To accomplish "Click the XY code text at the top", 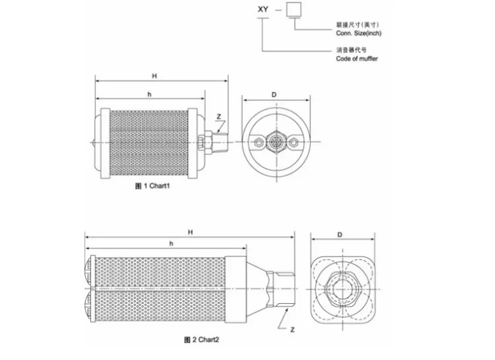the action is tap(263, 9).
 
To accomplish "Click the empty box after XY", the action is tap(294, 9).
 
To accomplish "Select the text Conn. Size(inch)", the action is tap(358, 33).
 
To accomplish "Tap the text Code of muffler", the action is tap(356, 59).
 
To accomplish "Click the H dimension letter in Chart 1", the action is tap(154, 76).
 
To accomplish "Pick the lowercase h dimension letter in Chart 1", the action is tap(149, 94).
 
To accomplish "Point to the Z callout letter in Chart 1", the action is tap(218, 117).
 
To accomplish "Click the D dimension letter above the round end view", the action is tap(274, 94).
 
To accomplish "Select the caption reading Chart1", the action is tap(160, 186).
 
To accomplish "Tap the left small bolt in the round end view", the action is tap(259, 142).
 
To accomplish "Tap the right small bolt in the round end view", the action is tap(294, 142).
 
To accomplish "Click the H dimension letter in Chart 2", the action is tap(190, 232).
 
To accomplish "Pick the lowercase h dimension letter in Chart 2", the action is tap(171, 243).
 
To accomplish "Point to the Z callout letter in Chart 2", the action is tap(292, 330).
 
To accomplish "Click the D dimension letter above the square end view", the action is tap(340, 235).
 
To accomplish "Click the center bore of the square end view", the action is tap(343, 289).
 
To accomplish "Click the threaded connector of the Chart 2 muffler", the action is tap(280, 289).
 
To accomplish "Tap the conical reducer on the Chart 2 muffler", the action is tap(256, 289).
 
